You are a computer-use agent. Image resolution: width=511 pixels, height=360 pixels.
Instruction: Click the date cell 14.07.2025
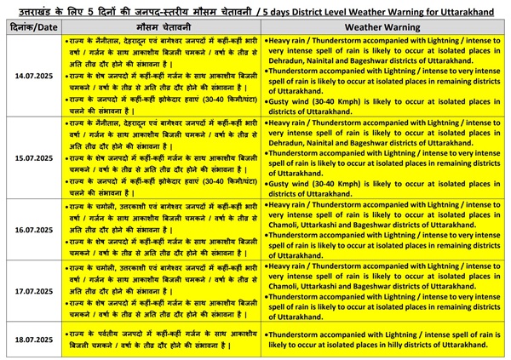(x=32, y=76)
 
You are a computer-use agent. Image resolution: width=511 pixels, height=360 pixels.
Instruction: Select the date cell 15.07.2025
(x=32, y=157)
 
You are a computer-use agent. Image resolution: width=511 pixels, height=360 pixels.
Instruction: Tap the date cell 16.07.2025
(x=32, y=229)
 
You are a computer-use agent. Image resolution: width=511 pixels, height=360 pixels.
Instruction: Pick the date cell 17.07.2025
(x=32, y=290)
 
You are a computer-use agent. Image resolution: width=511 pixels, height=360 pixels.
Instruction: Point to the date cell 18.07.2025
(x=32, y=340)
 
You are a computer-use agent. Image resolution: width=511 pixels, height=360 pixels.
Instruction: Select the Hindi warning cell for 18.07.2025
(x=163, y=340)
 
